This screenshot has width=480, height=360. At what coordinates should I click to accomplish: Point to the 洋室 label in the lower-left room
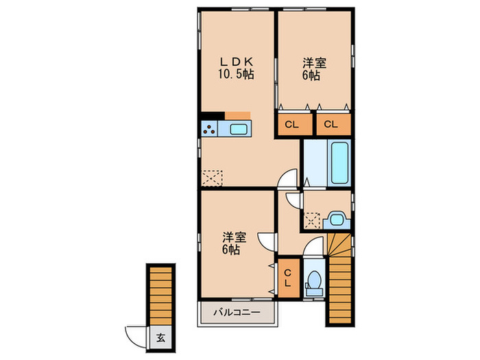click(x=234, y=237)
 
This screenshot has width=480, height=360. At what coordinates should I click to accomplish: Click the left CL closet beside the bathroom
click(x=291, y=124)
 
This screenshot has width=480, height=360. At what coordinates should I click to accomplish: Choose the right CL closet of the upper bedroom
click(x=331, y=124)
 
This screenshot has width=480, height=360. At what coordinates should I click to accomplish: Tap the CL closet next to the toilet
click(x=288, y=278)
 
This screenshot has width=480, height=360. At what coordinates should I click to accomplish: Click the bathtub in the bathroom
click(x=338, y=163)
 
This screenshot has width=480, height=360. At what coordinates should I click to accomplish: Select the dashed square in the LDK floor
click(x=213, y=178)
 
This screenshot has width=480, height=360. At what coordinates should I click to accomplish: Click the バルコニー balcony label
click(x=235, y=313)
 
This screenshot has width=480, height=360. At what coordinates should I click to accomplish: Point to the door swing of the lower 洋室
click(x=266, y=242)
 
